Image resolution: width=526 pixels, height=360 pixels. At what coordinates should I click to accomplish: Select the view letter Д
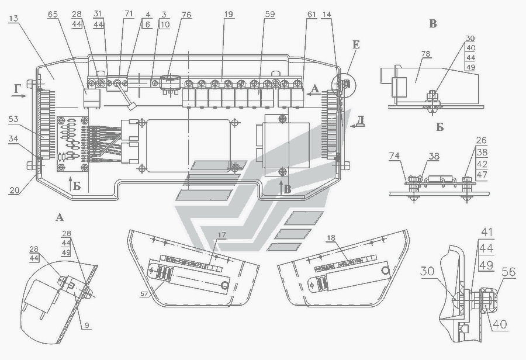(361, 120)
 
